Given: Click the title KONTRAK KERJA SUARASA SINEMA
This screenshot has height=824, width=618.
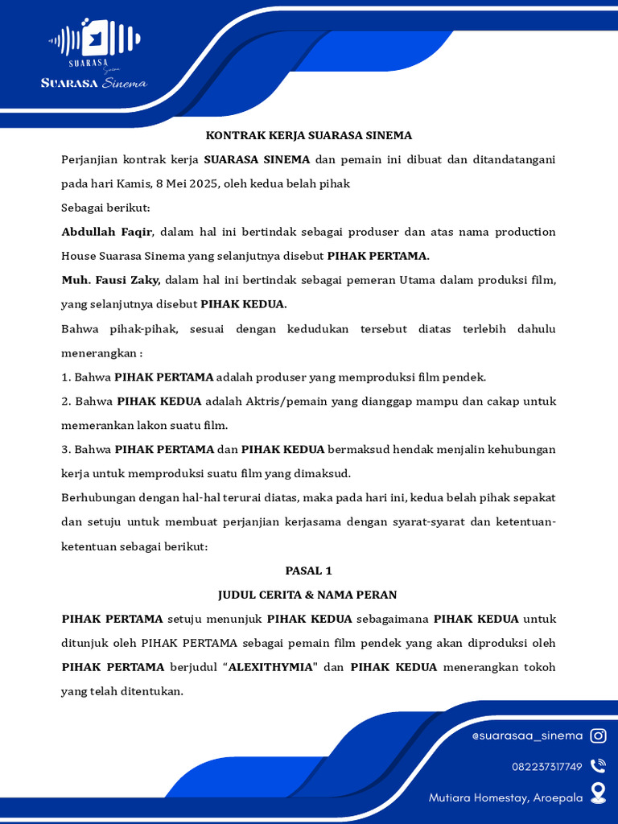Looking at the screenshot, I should [308, 135].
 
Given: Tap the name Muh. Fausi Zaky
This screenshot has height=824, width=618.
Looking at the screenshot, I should [111, 280].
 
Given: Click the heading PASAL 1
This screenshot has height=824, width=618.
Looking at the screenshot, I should [308, 571].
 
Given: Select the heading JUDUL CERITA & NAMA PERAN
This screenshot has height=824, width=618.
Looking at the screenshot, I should [308, 595].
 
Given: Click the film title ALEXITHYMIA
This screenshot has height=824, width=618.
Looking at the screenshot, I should [270, 667].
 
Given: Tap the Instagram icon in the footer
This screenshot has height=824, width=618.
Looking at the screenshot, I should [598, 735].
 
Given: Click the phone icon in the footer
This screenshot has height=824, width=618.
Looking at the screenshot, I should [598, 766].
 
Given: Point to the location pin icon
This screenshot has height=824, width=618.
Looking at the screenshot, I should [598, 794].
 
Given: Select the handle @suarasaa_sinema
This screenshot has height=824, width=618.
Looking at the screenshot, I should [527, 735].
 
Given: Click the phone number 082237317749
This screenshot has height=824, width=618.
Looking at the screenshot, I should [546, 766].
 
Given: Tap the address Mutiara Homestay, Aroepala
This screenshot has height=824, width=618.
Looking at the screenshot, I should [505, 797].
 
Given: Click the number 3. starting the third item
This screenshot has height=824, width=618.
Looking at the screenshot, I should [66, 449].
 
